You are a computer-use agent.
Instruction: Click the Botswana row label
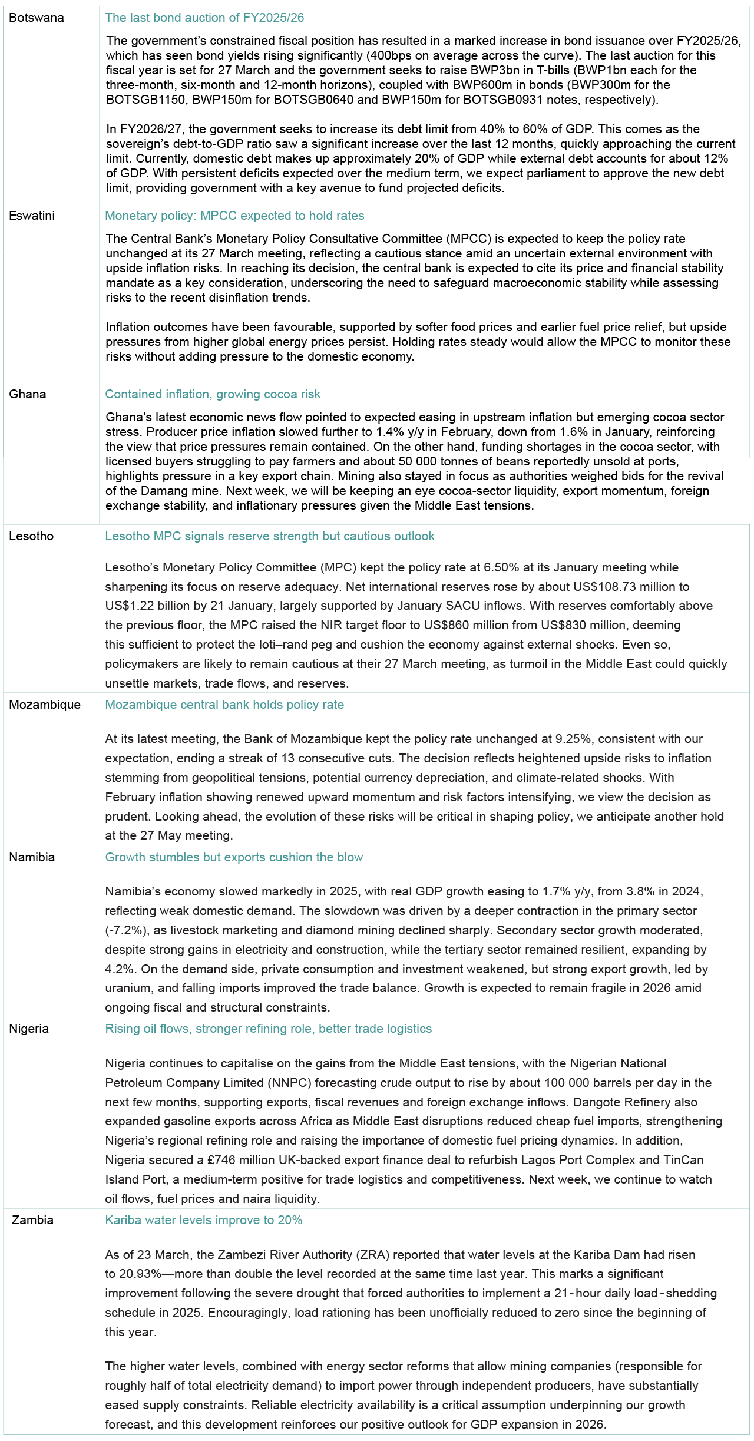click(x=37, y=18)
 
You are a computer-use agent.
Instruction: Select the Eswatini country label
click(x=32, y=216)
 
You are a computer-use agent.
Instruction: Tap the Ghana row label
click(x=28, y=394)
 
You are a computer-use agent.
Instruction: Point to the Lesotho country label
click(x=31, y=536)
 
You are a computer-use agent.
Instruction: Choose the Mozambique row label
click(x=45, y=705)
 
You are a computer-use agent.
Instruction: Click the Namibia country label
click(x=32, y=857)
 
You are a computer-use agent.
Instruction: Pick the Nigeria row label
click(x=29, y=1029)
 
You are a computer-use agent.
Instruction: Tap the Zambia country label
click(x=32, y=1220)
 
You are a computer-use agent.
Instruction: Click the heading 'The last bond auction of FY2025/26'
click(x=204, y=18)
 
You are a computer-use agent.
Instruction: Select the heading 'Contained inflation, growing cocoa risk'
click(x=213, y=394)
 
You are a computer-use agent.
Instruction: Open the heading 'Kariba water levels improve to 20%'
click(x=204, y=1220)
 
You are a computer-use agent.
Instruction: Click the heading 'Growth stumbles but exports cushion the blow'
click(x=234, y=857)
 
